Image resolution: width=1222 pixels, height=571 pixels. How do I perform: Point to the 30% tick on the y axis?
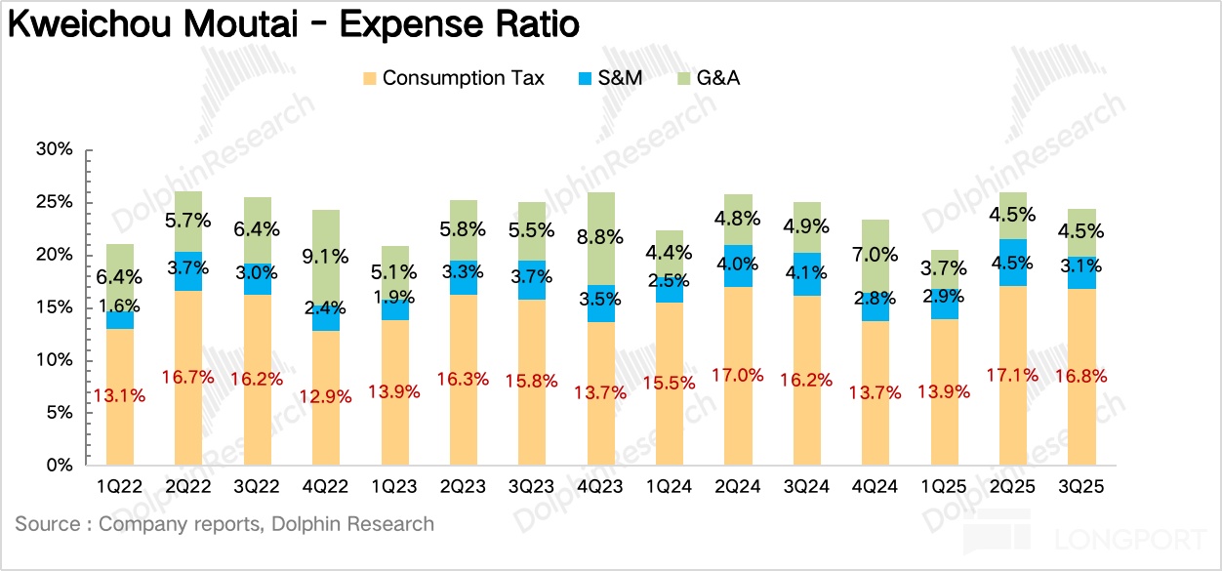(x=54, y=150)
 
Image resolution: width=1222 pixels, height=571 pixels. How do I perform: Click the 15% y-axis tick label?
(x=54, y=308)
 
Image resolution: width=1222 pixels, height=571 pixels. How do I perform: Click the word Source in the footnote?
(x=45, y=524)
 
